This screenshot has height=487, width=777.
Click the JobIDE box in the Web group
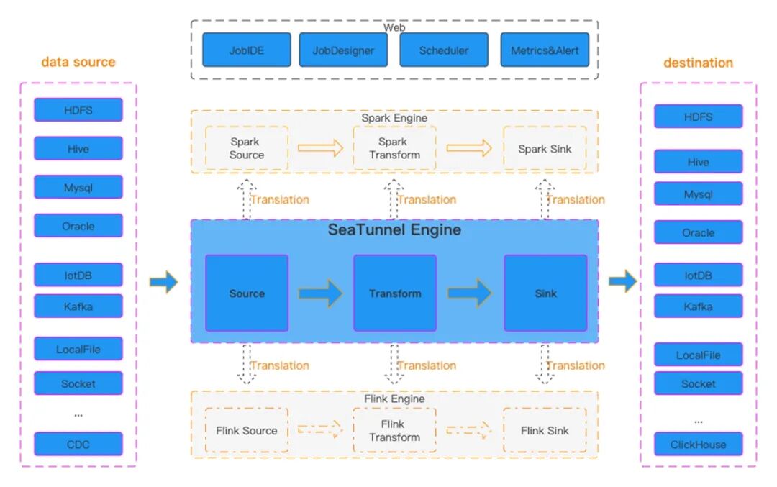(247, 50)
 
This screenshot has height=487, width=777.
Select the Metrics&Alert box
(545, 50)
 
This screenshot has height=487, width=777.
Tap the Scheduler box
(444, 50)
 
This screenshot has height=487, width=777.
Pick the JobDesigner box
(343, 50)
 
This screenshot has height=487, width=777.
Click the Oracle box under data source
(78, 226)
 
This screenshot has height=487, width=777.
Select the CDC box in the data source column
(78, 444)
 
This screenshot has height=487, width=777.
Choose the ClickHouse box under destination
(698, 444)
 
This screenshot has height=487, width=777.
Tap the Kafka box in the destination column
(698, 306)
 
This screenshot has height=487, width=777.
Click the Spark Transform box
(394, 148)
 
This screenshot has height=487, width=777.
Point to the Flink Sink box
(545, 430)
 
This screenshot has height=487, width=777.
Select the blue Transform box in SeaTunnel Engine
(394, 293)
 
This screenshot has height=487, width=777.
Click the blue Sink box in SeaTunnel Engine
(545, 293)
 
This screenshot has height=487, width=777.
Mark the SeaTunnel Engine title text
(394, 230)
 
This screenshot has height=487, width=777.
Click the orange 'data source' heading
(78, 62)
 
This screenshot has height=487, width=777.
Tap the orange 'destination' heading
(698, 63)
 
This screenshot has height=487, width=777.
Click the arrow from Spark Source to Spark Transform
(321, 148)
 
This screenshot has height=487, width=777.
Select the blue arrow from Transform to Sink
(469, 293)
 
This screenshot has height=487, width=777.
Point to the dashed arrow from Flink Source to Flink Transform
(321, 430)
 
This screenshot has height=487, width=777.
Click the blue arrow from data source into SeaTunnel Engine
(163, 281)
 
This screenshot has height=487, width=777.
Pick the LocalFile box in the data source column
(78, 350)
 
